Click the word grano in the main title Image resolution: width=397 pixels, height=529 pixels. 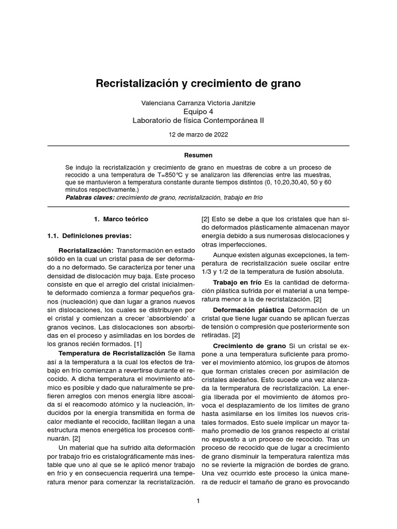pos(284,83)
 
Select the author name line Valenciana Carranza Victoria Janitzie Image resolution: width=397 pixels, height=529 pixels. pos(198,103)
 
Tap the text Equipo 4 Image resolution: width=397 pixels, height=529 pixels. pos(198,112)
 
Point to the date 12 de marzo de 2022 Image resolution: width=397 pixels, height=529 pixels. pos(198,134)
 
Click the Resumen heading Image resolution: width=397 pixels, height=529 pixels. pos(198,155)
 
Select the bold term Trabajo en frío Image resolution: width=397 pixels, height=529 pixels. pos(238,283)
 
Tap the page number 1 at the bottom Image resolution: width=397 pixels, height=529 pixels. pos(198,501)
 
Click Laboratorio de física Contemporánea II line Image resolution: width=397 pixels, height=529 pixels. pos(198,120)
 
